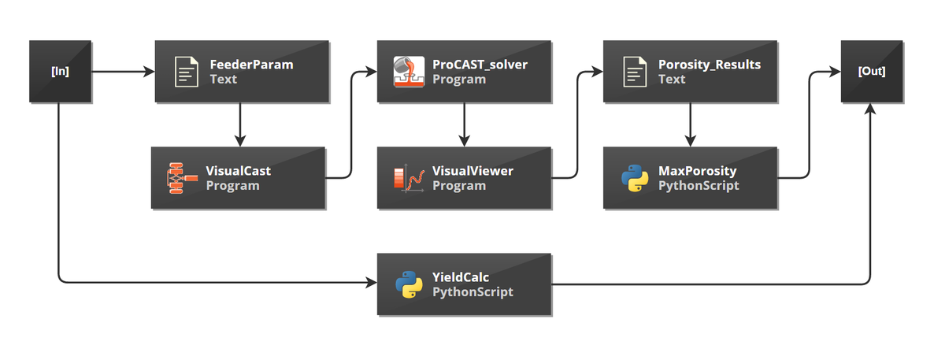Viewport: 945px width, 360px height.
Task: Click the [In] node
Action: click(x=60, y=72)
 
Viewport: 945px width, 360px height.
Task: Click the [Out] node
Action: click(x=871, y=72)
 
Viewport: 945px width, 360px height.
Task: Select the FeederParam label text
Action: click(x=251, y=65)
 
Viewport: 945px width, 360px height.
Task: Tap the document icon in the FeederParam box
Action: click(x=187, y=72)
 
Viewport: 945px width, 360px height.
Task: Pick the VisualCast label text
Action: click(x=239, y=170)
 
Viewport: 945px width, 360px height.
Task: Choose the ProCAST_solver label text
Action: click(x=480, y=65)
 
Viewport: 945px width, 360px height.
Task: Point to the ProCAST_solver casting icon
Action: click(x=409, y=72)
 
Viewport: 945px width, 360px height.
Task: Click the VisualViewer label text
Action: click(x=472, y=170)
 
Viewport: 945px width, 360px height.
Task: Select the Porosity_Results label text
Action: click(x=710, y=65)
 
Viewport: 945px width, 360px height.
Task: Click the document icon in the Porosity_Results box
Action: click(x=635, y=72)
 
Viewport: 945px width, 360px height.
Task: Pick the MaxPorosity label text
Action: click(x=698, y=170)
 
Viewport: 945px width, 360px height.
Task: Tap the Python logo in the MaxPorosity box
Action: click(x=635, y=178)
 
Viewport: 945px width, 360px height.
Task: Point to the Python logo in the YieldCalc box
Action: click(x=409, y=284)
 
